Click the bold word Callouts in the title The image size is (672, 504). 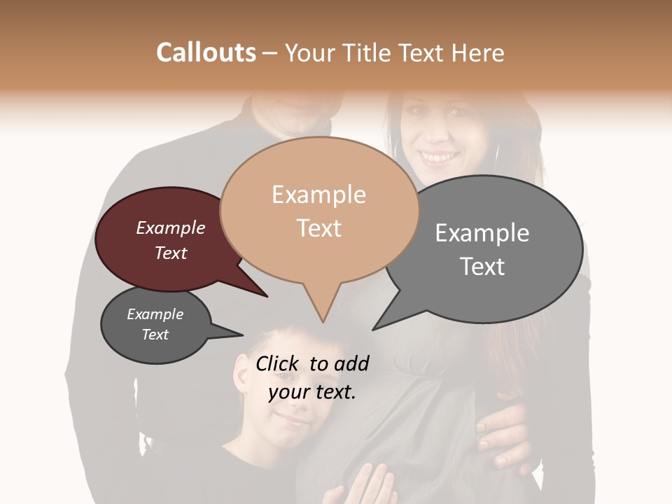point(206,52)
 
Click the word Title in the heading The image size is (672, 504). point(369,52)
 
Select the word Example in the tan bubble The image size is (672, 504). point(318,195)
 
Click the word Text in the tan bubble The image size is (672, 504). point(318,228)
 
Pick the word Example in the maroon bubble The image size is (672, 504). point(170,227)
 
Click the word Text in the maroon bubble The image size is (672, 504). point(170,253)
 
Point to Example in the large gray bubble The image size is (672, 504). point(482,233)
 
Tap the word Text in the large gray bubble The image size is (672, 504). point(482,267)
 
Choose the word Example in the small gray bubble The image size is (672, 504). point(155,314)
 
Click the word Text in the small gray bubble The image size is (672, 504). point(155,335)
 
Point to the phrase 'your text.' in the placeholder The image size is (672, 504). point(311,392)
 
